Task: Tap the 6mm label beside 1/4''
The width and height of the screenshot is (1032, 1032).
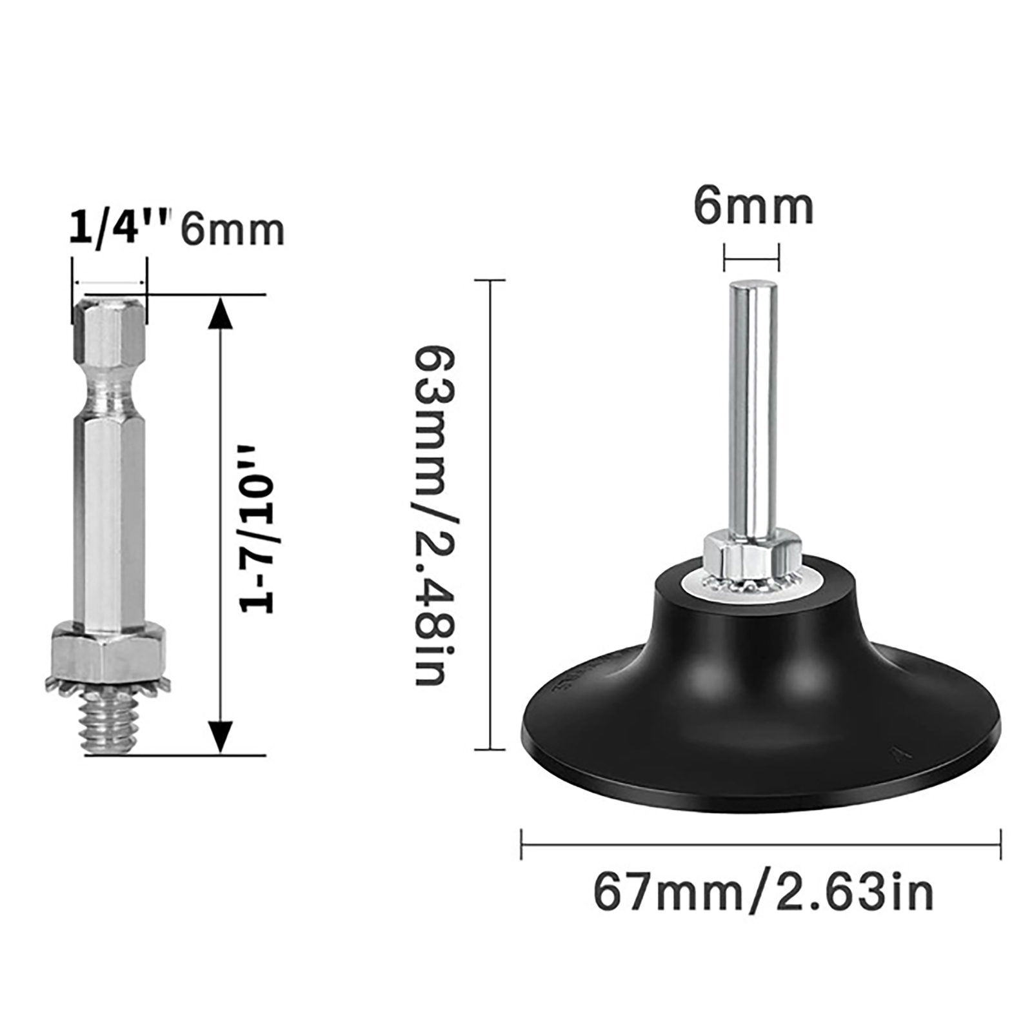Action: [232, 230]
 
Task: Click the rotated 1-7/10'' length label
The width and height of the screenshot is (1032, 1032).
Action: [257, 528]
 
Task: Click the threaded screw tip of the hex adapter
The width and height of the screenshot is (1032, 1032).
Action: [109, 721]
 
